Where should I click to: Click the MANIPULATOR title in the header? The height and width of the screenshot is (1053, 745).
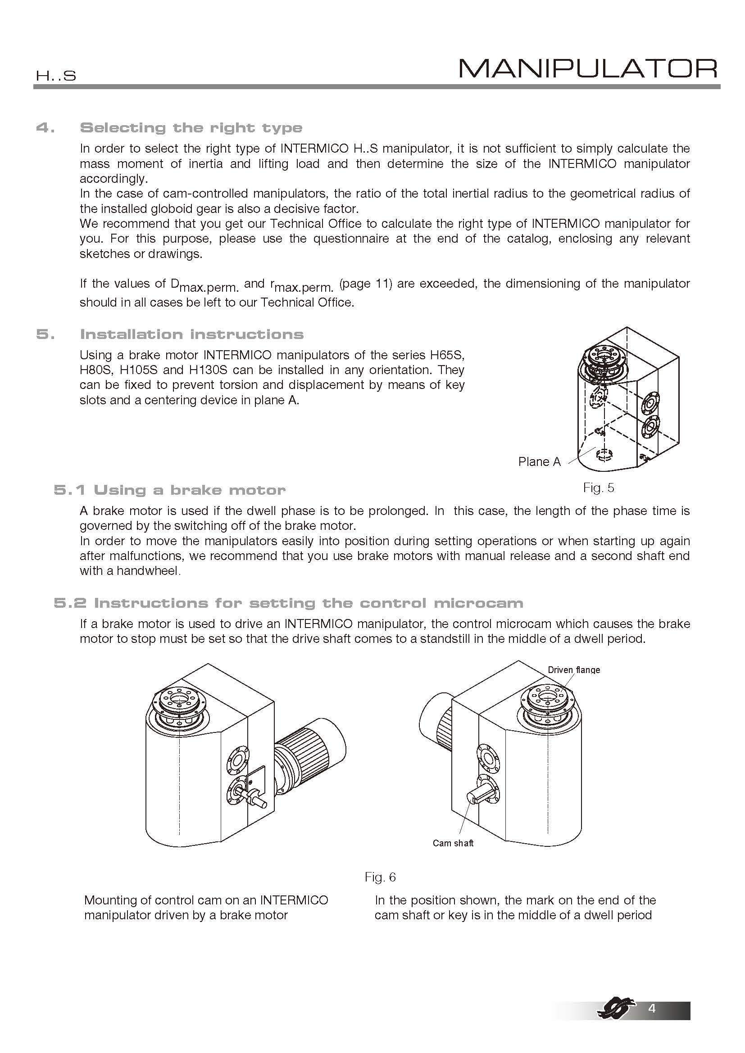coord(588,69)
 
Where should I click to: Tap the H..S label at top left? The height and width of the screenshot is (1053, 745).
coord(56,76)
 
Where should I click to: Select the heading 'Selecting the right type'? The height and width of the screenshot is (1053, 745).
coord(191,127)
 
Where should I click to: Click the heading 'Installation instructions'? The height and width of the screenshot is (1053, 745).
coord(192,334)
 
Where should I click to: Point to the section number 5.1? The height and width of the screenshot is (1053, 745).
coord(69,490)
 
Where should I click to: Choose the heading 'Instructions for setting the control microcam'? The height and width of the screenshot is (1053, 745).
coord(308,603)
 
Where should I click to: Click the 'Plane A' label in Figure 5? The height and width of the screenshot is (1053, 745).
coord(539,461)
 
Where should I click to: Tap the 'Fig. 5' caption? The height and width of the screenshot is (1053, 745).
coord(598,488)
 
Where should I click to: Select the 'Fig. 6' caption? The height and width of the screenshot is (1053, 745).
coord(380,877)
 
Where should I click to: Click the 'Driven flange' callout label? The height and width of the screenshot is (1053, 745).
coord(573,669)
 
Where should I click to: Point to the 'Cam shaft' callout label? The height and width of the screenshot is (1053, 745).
coord(453,843)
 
